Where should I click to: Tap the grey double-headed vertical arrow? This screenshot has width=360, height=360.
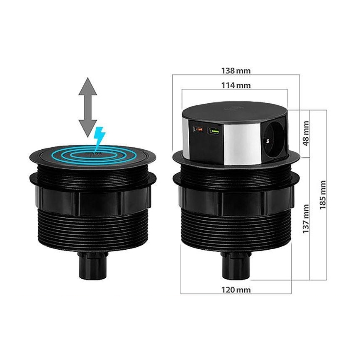(x=88, y=107)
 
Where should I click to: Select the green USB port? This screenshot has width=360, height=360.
(x=214, y=131)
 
